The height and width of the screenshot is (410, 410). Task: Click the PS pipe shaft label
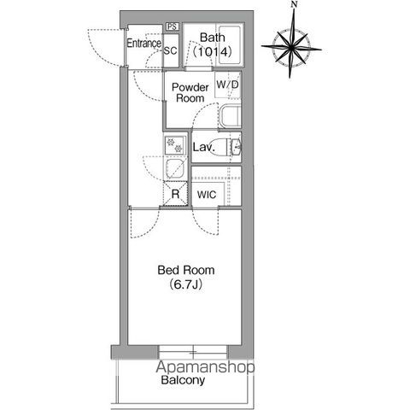coord(172,26)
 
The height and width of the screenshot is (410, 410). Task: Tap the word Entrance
coord(143,44)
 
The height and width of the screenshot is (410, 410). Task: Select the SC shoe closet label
coord(171,50)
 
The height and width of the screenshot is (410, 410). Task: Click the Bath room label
coord(212,38)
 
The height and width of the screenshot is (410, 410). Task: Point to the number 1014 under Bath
coord(212,52)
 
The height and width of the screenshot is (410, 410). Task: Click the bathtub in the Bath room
coord(230,45)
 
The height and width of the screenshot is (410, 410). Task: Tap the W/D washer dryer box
coord(228,85)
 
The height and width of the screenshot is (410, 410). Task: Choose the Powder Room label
coord(190,92)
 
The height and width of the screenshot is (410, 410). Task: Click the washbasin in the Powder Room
coord(230,117)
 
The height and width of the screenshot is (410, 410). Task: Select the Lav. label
coord(203,148)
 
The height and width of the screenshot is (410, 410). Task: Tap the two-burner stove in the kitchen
coord(175,145)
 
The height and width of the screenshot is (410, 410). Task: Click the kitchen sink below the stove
coord(175,169)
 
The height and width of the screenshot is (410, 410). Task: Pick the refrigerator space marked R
coord(175,194)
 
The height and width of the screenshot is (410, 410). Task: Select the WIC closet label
coord(207,195)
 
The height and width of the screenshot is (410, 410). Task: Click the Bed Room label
coord(186,270)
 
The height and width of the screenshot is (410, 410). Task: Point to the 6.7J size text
coord(186,284)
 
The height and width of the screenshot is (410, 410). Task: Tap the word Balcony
coord(183,380)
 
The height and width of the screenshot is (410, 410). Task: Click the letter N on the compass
coord(295,4)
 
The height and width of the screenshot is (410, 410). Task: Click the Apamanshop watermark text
coord(205,367)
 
